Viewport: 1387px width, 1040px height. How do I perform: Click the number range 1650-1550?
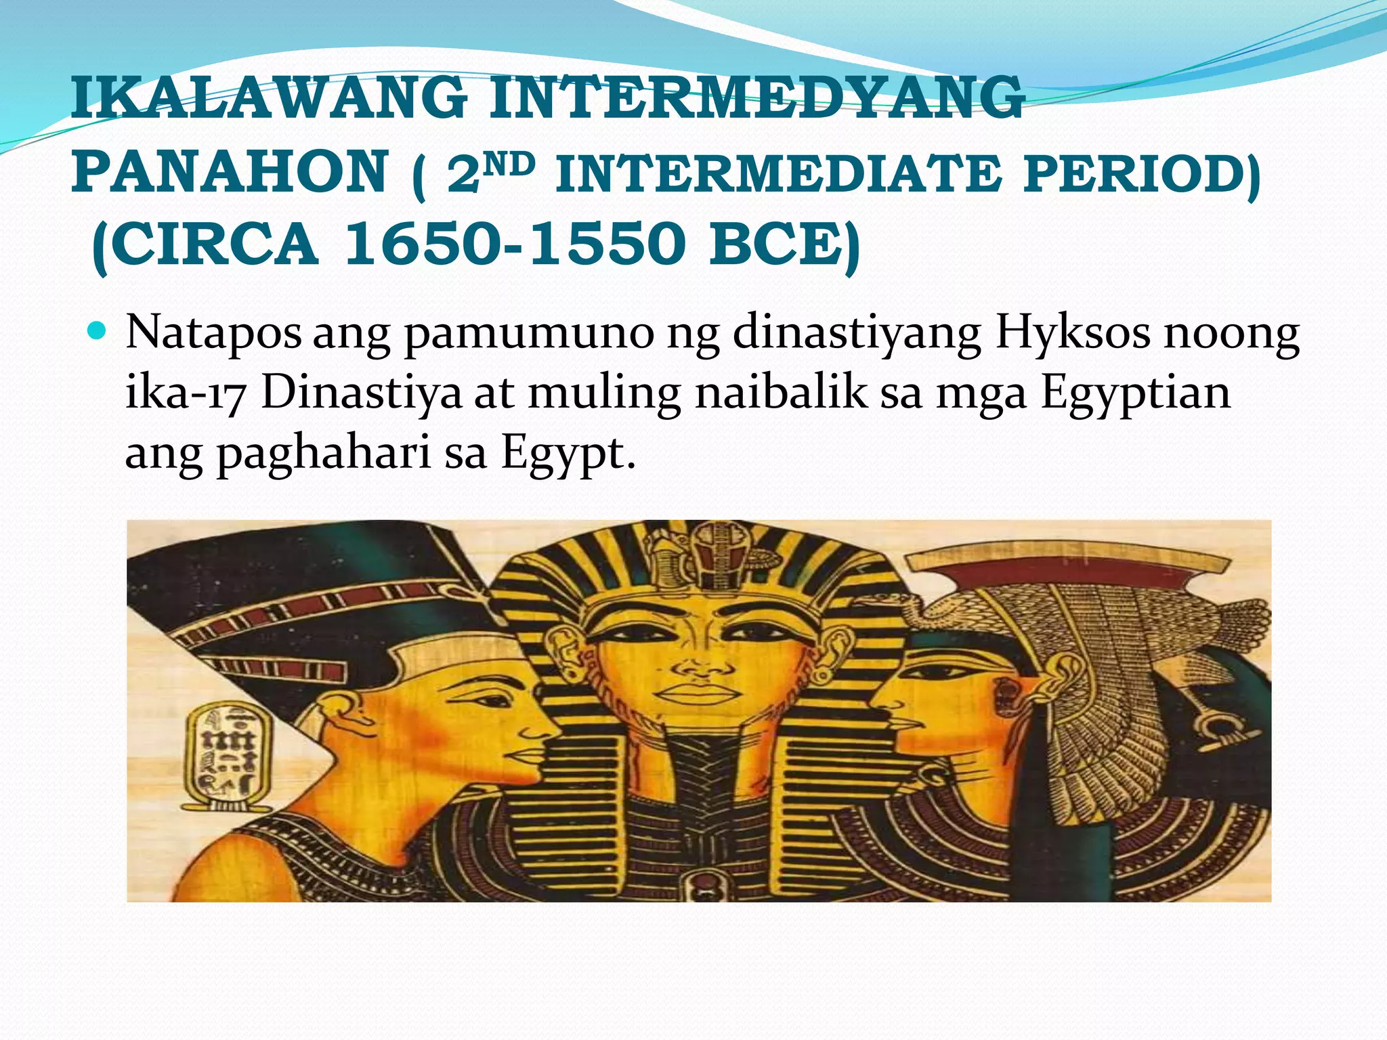click(x=515, y=244)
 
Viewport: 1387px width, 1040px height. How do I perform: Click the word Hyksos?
click(x=1073, y=332)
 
